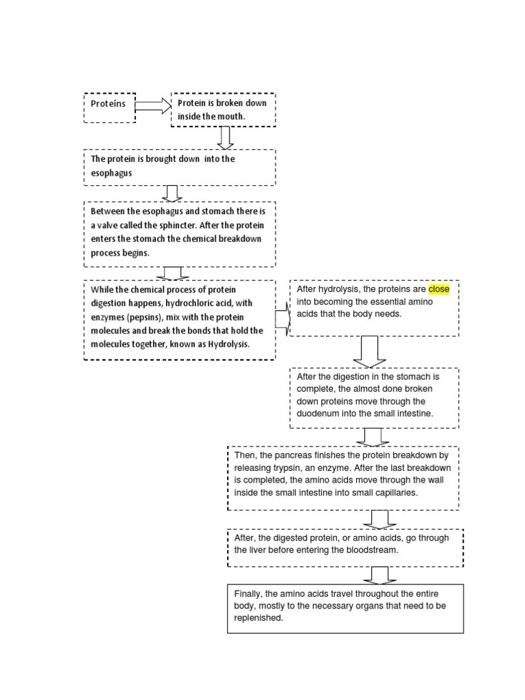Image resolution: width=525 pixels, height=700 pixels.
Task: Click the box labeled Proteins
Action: pos(109,107)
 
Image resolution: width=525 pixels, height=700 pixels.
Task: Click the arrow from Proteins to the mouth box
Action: pos(153,105)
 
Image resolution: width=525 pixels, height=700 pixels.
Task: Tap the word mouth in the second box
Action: pos(231,116)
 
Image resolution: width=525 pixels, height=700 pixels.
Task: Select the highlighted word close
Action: pos(439,289)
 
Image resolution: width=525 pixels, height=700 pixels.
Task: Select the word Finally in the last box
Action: pos(247,593)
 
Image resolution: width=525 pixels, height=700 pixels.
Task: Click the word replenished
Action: pos(258,618)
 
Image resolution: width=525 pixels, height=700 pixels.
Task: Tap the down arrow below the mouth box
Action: pos(226,137)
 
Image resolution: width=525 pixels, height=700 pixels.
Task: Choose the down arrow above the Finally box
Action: pos(371,575)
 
